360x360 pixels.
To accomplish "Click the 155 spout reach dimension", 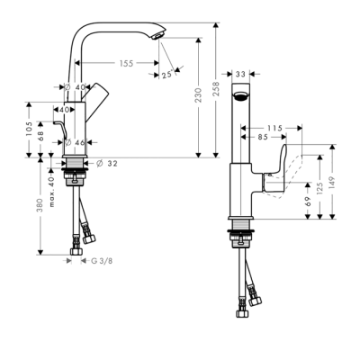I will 125,63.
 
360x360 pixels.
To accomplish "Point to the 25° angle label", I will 167,74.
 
